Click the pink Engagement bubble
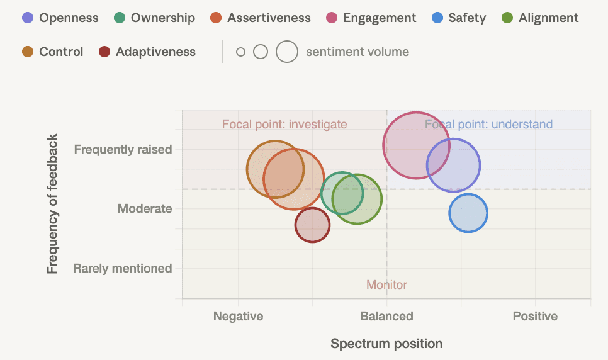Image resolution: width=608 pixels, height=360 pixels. (417, 145)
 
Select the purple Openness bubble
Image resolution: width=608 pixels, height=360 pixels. (454, 166)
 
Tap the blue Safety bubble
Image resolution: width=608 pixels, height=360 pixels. (468, 213)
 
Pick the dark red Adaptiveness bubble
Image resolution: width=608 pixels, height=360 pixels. (312, 225)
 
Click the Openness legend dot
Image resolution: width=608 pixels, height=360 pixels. (28, 18)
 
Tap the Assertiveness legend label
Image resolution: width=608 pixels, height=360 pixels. (269, 18)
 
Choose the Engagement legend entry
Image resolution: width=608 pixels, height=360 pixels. (379, 18)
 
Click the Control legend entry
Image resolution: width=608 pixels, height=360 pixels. (60, 52)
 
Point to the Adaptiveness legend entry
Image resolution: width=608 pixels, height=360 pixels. (155, 52)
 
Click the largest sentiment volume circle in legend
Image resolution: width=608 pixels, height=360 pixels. (287, 52)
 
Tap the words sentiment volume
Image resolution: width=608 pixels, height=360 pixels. (357, 52)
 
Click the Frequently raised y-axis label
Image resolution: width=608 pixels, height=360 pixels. (123, 149)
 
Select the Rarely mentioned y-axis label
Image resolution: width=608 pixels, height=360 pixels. (122, 268)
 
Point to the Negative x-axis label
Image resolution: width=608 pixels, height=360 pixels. (238, 316)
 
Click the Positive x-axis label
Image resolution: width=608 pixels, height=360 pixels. (535, 316)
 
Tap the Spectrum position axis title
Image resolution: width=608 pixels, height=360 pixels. (386, 344)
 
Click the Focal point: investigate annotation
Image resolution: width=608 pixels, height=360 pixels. (284, 124)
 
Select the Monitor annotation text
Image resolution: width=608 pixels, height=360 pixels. (386, 285)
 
